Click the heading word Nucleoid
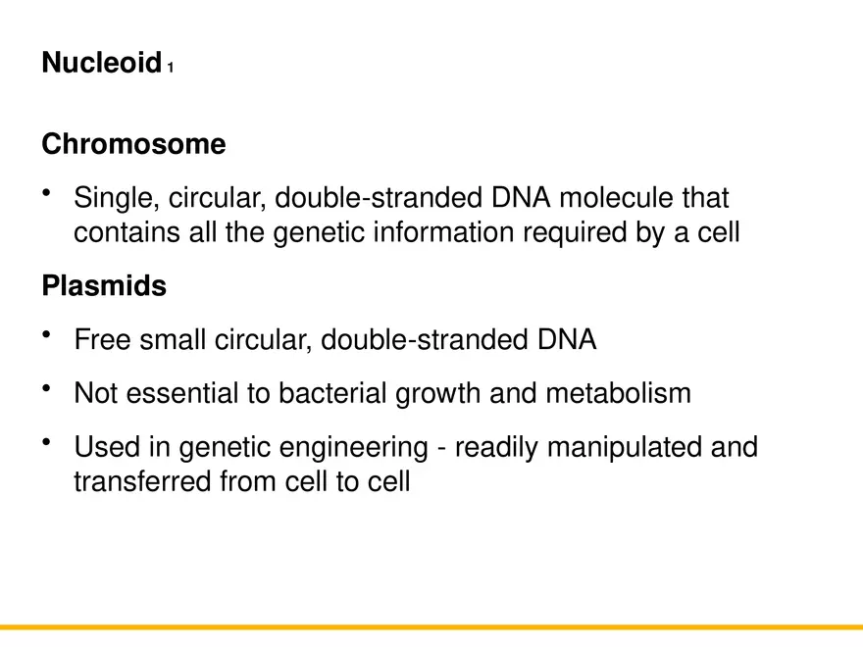100,64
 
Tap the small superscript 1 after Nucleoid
171,69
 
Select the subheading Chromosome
133,145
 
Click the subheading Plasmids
104,287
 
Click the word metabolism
618,394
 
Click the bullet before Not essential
46,389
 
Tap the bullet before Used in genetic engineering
46,443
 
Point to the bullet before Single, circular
46,194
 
